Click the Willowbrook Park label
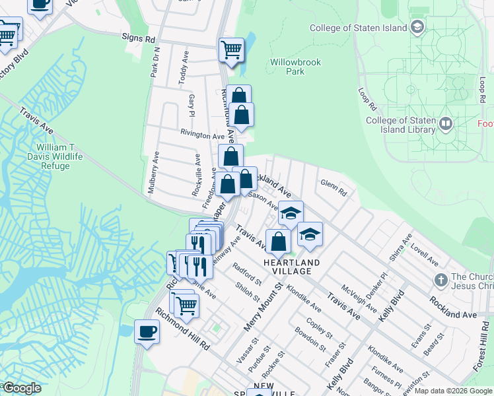tap(295, 67)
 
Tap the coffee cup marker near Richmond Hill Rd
tap(147, 331)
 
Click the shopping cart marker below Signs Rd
tap(231, 49)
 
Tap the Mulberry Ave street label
tap(153, 172)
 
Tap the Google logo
tap(22, 388)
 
